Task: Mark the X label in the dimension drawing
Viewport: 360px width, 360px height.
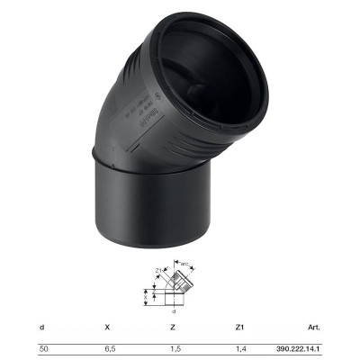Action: (x=145, y=296)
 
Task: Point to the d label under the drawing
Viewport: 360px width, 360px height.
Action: (x=173, y=311)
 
